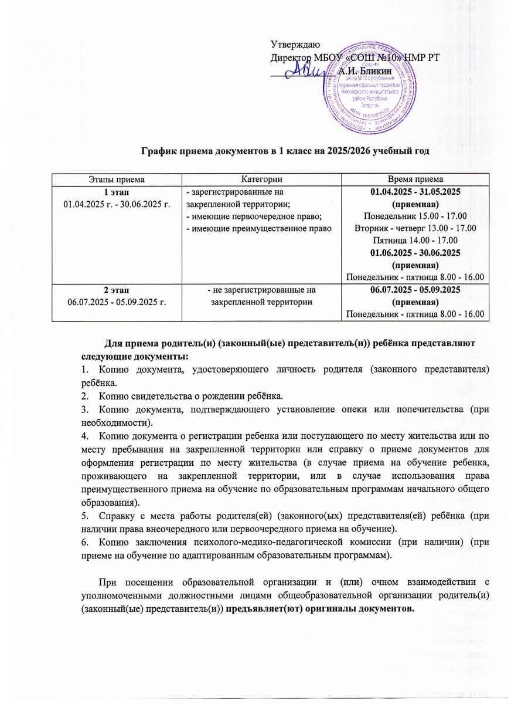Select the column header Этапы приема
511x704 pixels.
(x=116, y=178)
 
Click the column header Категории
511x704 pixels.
(x=261, y=178)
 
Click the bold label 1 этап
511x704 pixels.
(x=116, y=191)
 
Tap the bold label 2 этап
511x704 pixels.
(x=116, y=290)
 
